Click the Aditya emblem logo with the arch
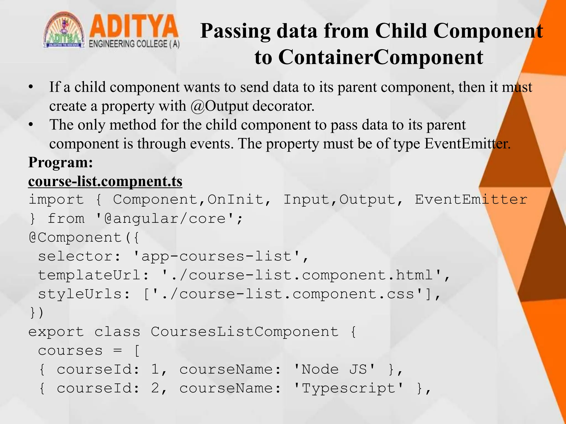tap(64, 31)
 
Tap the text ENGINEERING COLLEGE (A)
tap(134, 44)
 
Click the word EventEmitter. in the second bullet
tap(467, 144)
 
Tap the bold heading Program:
tap(61, 162)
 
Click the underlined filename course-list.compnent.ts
tap(105, 181)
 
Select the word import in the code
tap(56, 200)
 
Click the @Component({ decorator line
tap(84, 237)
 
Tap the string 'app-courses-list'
tap(217, 256)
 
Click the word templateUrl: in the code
tap(94, 275)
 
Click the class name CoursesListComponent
tap(245, 332)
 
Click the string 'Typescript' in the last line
tap(348, 388)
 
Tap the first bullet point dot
tap(31, 87)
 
